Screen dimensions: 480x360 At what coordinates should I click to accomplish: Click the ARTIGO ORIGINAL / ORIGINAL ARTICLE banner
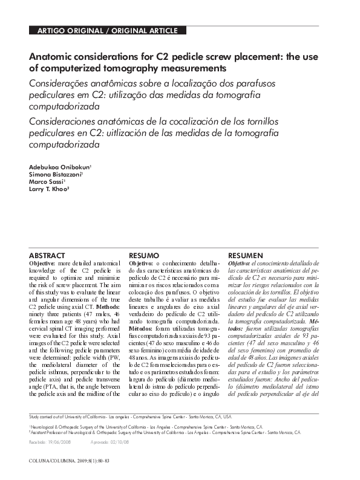(x=108, y=31)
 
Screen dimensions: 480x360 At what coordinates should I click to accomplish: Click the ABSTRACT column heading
(x=47, y=256)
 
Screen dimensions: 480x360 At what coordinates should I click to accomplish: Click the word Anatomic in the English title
(x=51, y=56)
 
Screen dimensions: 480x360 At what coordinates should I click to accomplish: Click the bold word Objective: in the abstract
(x=43, y=264)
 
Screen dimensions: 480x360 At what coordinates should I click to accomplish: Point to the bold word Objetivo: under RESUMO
(x=141, y=264)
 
